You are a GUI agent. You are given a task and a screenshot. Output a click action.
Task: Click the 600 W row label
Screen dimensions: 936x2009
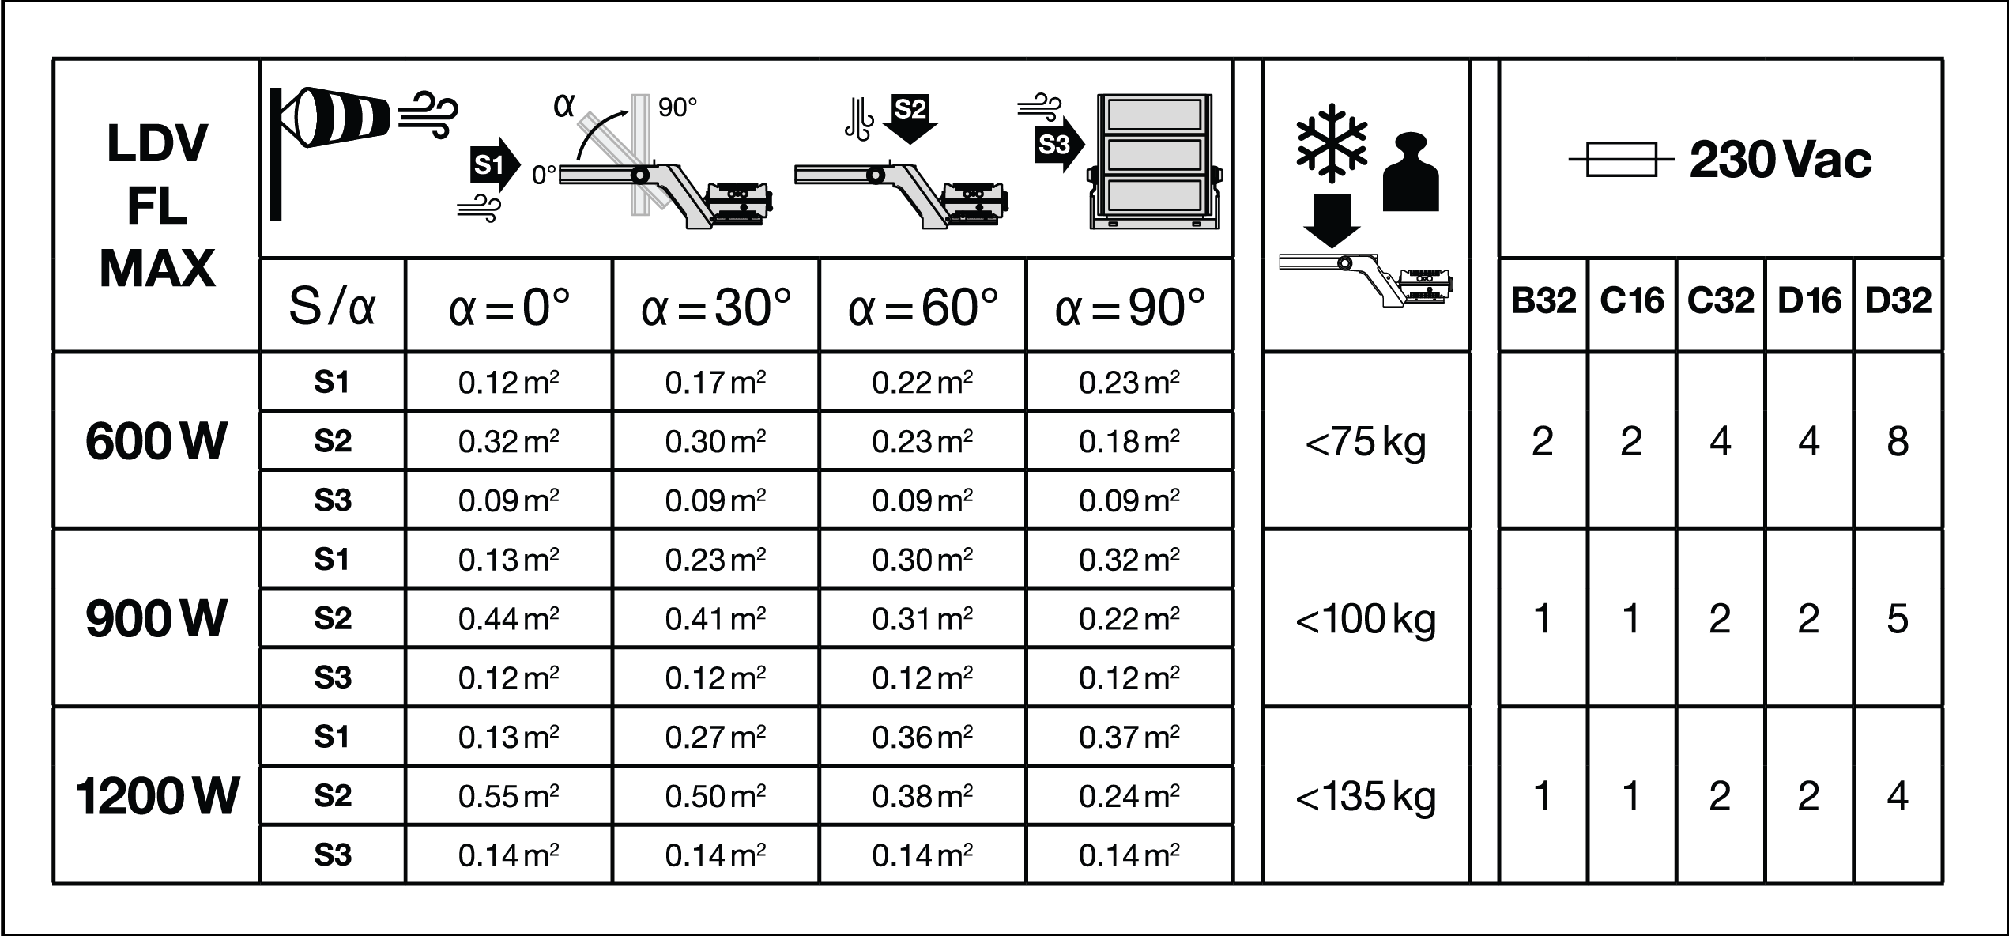click(x=156, y=441)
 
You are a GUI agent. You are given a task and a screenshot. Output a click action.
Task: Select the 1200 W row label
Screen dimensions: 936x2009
click(x=156, y=795)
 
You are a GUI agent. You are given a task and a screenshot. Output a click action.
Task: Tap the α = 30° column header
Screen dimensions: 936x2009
click(x=716, y=308)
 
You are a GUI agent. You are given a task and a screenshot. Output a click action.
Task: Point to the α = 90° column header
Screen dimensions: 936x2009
click(x=1129, y=308)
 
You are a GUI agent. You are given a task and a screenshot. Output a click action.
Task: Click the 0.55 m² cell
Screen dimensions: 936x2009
click(x=508, y=795)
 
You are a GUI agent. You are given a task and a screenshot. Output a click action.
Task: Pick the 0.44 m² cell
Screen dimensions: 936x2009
click(x=508, y=618)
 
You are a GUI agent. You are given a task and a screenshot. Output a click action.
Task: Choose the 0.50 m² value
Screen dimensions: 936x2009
click(x=715, y=795)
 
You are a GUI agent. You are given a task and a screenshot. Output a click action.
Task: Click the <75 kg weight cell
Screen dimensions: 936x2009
click(x=1365, y=441)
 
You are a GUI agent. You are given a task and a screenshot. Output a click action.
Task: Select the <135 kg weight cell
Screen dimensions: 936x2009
click(x=1365, y=795)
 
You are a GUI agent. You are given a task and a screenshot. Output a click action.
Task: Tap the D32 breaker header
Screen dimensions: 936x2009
click(x=1898, y=301)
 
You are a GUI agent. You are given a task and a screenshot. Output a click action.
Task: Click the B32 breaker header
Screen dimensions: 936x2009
click(x=1543, y=301)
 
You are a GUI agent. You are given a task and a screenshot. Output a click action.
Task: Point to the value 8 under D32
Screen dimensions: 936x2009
click(x=1898, y=441)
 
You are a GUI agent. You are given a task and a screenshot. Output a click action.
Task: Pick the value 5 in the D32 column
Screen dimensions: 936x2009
click(x=1898, y=618)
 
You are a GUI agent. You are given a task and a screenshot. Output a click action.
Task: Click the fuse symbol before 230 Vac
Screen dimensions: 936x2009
click(x=1621, y=160)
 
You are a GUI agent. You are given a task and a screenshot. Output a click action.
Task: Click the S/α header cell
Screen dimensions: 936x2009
click(x=332, y=308)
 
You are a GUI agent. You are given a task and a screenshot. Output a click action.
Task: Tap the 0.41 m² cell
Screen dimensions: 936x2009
click(x=715, y=618)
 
